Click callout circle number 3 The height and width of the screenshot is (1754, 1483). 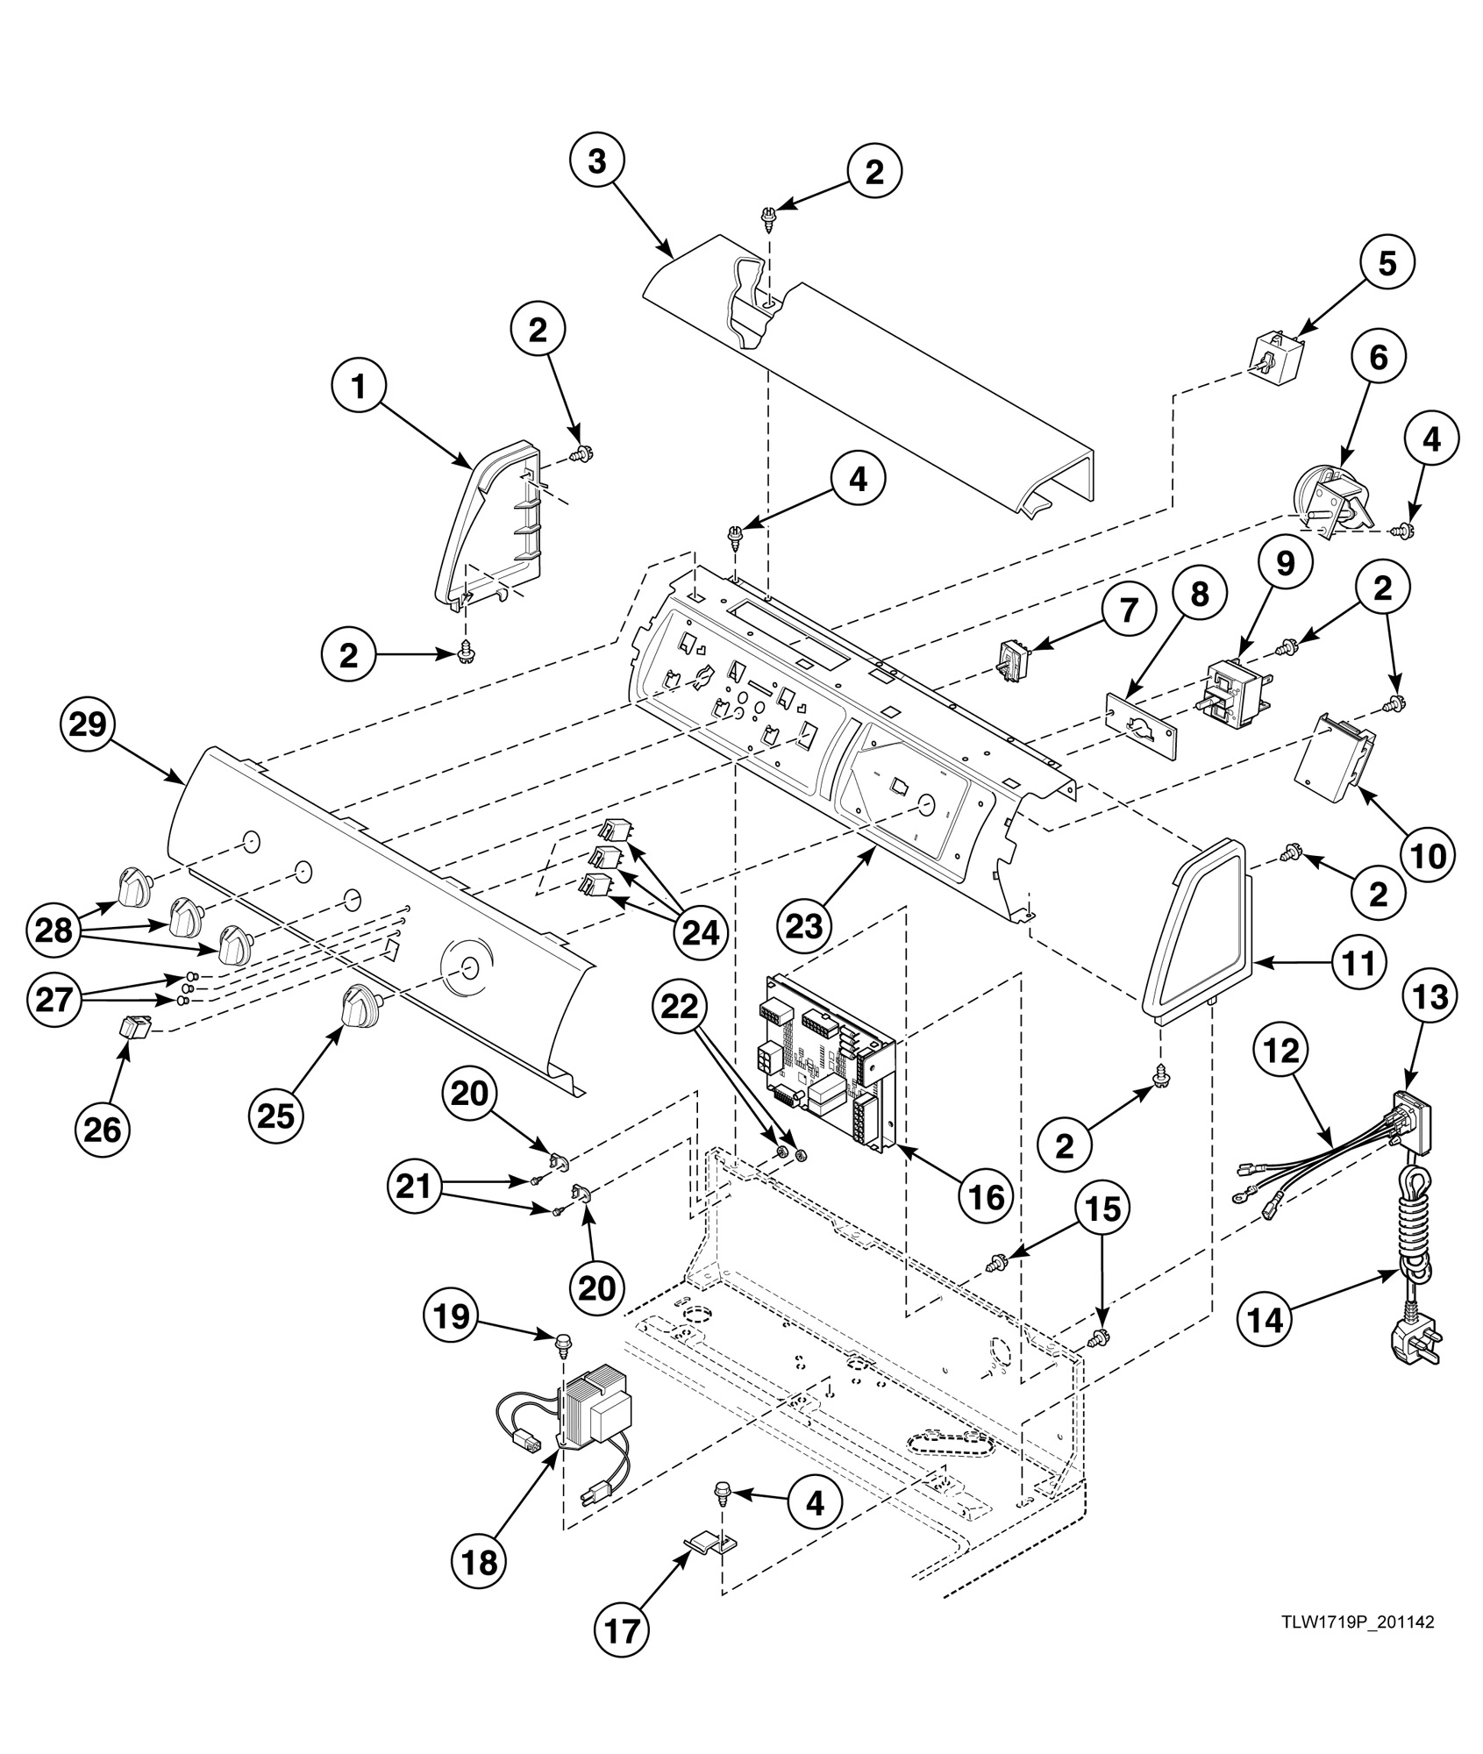[596, 163]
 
